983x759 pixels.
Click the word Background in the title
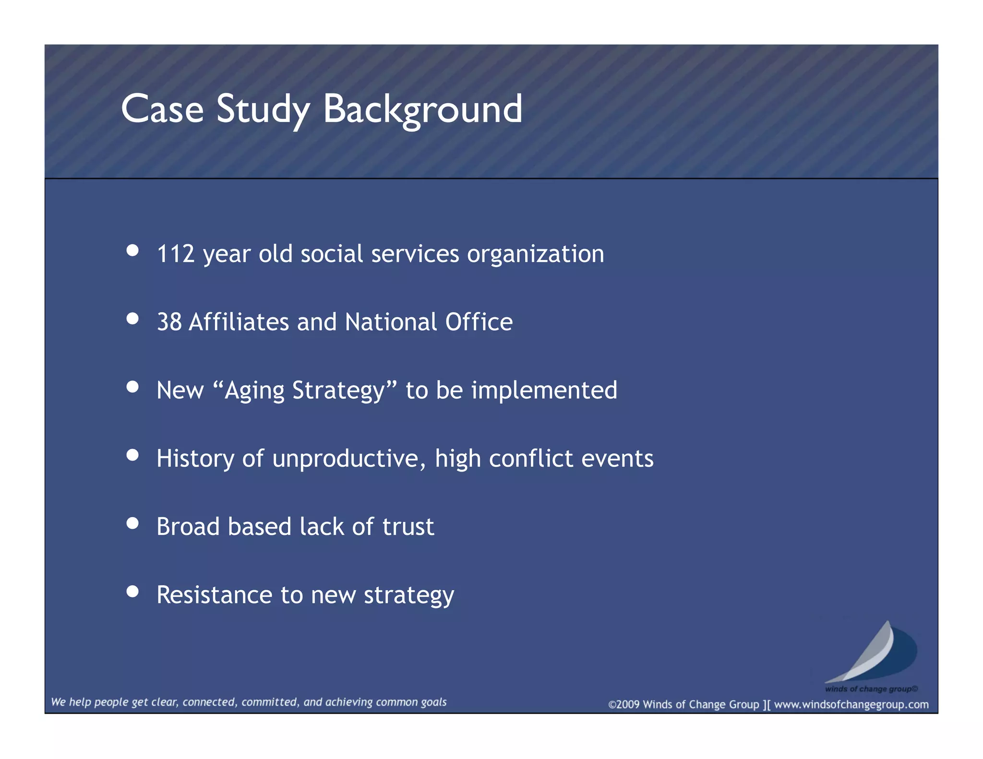pyautogui.click(x=422, y=109)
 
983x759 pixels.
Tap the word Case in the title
pyautogui.click(x=162, y=109)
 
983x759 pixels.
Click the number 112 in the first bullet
pyautogui.click(x=176, y=254)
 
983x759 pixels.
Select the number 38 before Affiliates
pyautogui.click(x=169, y=322)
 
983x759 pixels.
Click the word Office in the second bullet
pyautogui.click(x=479, y=322)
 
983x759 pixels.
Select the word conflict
pyautogui.click(x=531, y=458)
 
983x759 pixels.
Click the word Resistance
pyautogui.click(x=215, y=595)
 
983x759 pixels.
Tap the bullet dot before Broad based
pyautogui.click(x=132, y=523)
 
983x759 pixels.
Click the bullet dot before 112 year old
pyautogui.click(x=132, y=250)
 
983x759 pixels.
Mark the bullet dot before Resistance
pyautogui.click(x=132, y=591)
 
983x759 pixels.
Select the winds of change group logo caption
pyautogui.click(x=871, y=689)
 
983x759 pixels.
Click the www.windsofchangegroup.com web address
pyautogui.click(x=851, y=704)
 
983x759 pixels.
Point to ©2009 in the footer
pyautogui.click(x=623, y=704)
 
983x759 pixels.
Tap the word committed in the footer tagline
pyautogui.click(x=270, y=702)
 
